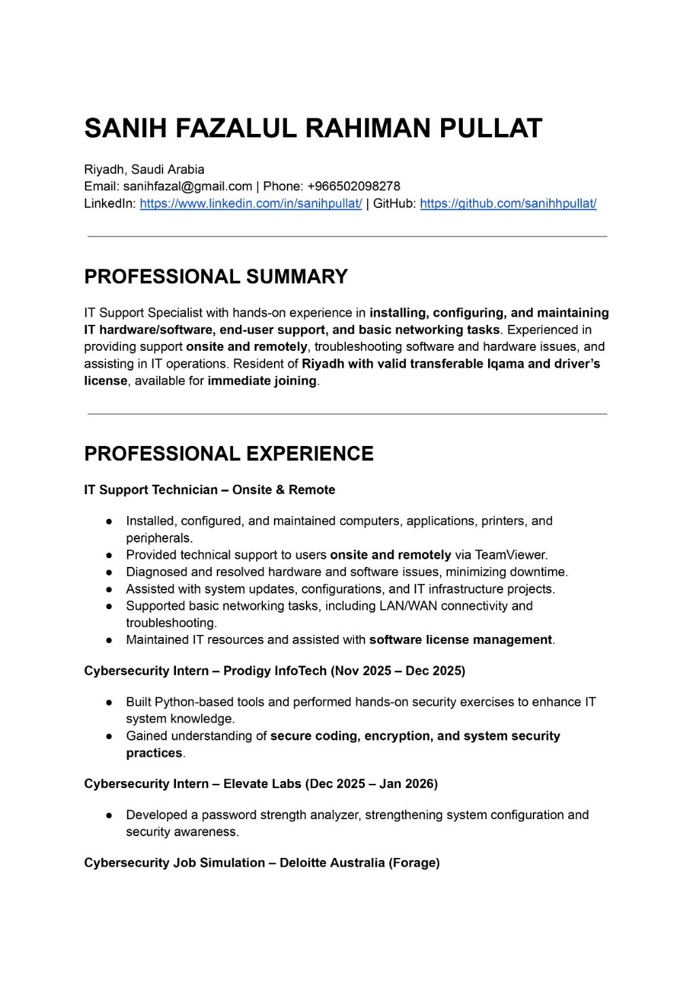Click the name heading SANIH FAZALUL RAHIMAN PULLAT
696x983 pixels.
[x=313, y=128]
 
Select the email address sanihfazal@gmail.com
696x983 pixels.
[x=188, y=186]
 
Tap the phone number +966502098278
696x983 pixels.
[x=353, y=186]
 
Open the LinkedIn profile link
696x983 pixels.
[x=251, y=203]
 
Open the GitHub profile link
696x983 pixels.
[x=508, y=203]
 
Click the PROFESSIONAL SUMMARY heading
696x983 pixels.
[x=215, y=277]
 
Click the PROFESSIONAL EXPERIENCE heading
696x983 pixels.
[x=228, y=454]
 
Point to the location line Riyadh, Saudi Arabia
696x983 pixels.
[x=144, y=169]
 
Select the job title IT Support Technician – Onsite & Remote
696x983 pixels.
[x=209, y=490]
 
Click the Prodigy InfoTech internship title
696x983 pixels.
[x=275, y=671]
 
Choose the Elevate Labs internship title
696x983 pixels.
[x=261, y=784]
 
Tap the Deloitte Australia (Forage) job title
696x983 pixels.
[x=262, y=863]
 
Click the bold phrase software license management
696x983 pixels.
[x=460, y=640]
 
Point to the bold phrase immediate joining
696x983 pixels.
[x=262, y=381]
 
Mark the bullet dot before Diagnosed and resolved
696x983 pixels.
[x=109, y=572]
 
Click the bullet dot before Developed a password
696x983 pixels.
[x=109, y=815]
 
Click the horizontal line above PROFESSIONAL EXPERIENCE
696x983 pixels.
[x=347, y=414]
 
